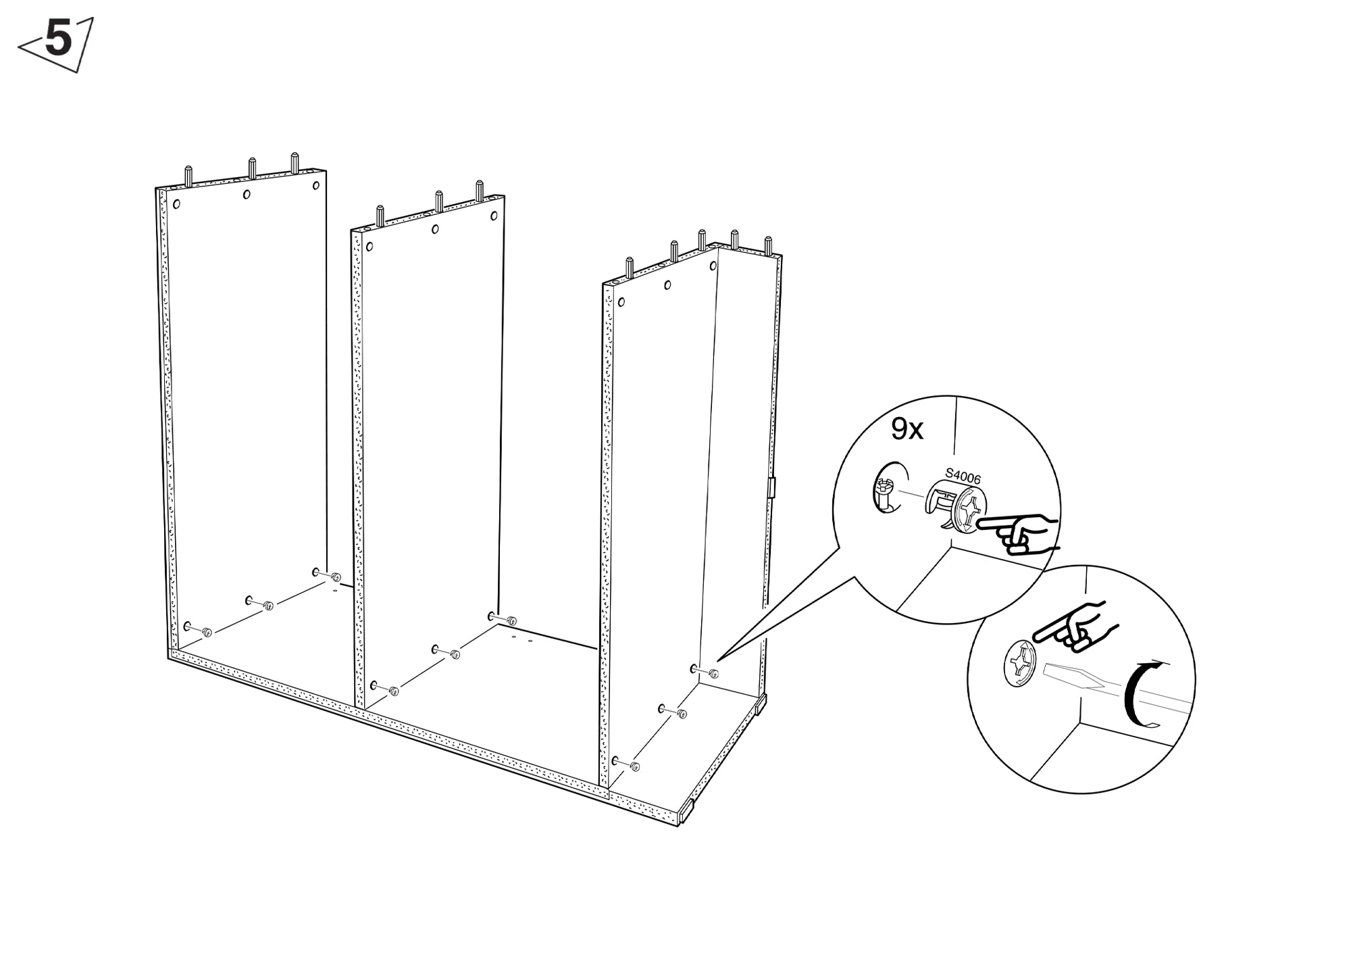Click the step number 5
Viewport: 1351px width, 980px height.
click(59, 39)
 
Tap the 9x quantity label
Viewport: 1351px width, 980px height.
click(907, 429)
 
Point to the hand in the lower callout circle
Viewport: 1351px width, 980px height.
click(1074, 626)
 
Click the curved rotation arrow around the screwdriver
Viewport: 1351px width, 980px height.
click(1142, 695)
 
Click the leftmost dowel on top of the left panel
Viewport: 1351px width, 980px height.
click(188, 176)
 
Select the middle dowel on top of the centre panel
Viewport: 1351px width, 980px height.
click(438, 201)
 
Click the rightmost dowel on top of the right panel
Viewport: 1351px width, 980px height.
click(768, 245)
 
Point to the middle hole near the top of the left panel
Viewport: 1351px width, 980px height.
click(247, 195)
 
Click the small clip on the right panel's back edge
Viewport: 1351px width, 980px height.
click(771, 487)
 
